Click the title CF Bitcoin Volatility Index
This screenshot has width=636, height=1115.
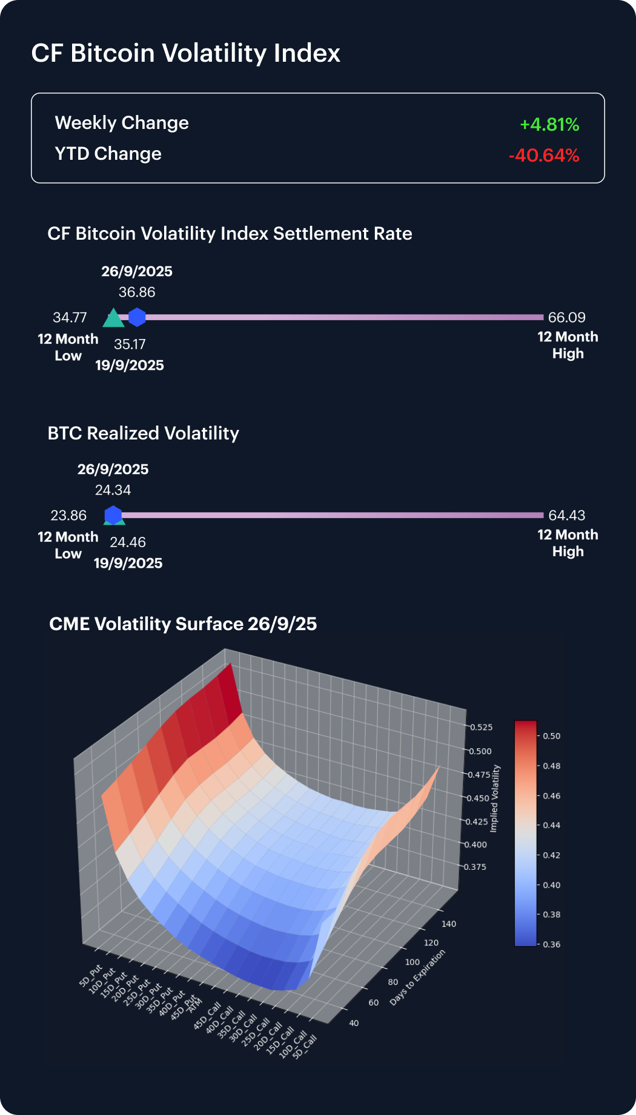click(185, 53)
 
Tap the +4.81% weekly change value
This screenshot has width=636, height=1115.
click(549, 125)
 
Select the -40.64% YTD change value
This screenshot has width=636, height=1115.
click(544, 156)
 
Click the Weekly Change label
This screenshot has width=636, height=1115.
click(122, 123)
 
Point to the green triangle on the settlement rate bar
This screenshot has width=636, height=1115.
click(113, 318)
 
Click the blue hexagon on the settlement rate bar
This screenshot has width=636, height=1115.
click(137, 317)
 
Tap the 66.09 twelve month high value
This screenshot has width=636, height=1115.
click(566, 317)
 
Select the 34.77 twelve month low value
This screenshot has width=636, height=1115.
click(70, 317)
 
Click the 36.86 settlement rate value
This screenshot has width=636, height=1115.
click(137, 292)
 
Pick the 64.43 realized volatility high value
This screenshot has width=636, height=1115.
click(566, 515)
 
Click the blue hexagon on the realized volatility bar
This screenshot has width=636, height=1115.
click(113, 515)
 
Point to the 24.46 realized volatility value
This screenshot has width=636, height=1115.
click(128, 542)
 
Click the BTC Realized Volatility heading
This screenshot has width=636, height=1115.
click(143, 433)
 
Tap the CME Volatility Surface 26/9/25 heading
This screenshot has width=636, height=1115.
click(183, 624)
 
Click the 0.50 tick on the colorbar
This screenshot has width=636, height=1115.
click(551, 736)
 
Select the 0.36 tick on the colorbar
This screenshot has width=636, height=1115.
click(551, 944)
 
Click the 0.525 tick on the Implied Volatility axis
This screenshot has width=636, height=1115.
click(482, 727)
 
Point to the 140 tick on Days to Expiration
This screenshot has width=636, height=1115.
click(449, 924)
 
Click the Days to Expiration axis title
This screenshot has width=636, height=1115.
click(417, 978)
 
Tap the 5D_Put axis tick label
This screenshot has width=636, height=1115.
click(91, 976)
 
